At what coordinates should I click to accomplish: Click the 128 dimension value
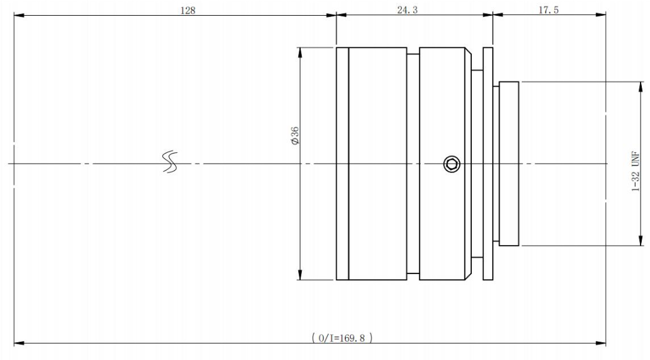pyautogui.click(x=188, y=10)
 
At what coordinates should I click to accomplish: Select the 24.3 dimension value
pyautogui.click(x=407, y=10)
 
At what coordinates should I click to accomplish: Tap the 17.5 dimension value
pyautogui.click(x=548, y=10)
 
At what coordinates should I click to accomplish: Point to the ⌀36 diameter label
pyautogui.click(x=295, y=136)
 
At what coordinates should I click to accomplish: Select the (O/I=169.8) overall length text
pyautogui.click(x=342, y=338)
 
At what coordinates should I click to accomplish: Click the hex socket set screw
pyautogui.click(x=452, y=164)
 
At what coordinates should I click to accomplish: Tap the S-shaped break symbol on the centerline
pyautogui.click(x=169, y=162)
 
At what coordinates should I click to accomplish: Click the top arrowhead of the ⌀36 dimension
pyautogui.click(x=299, y=52)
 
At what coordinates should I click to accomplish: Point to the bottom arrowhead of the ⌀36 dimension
pyautogui.click(x=299, y=275)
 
